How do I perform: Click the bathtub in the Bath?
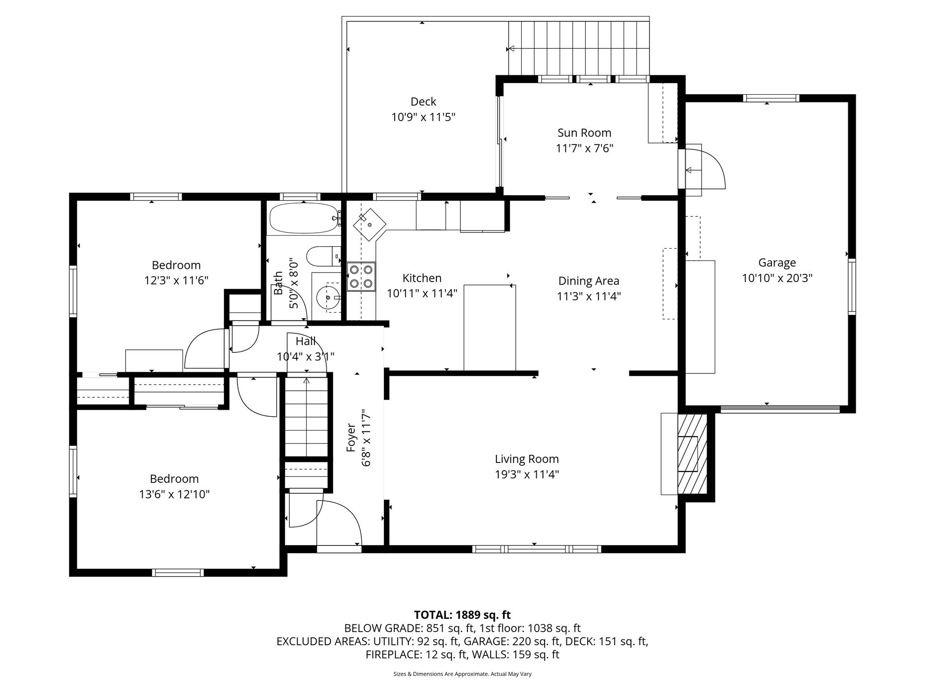pyautogui.click(x=304, y=218)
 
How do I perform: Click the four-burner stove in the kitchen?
pyautogui.click(x=361, y=277)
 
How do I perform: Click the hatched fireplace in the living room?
pyautogui.click(x=691, y=454)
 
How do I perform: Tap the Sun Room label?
pyautogui.click(x=584, y=133)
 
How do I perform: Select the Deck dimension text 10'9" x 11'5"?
pyautogui.click(x=423, y=117)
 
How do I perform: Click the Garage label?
pyautogui.click(x=777, y=263)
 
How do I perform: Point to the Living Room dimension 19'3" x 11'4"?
pyautogui.click(x=527, y=475)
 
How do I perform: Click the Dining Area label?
pyautogui.click(x=589, y=281)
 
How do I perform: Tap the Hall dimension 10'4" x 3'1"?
pyautogui.click(x=305, y=357)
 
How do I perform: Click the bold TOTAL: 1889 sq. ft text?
pyautogui.click(x=462, y=615)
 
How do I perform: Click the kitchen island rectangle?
pyautogui.click(x=490, y=328)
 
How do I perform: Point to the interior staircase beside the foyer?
pyautogui.click(x=306, y=418)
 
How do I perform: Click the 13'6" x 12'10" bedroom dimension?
pyautogui.click(x=174, y=494)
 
